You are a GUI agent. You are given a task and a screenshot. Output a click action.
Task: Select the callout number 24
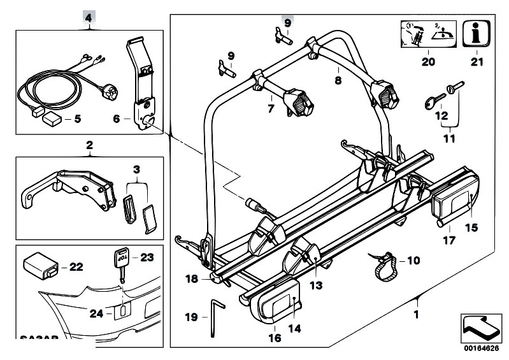point(95,312)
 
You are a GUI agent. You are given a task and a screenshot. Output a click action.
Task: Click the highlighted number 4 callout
point(88,17)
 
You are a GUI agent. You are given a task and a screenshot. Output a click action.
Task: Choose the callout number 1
point(417,313)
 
